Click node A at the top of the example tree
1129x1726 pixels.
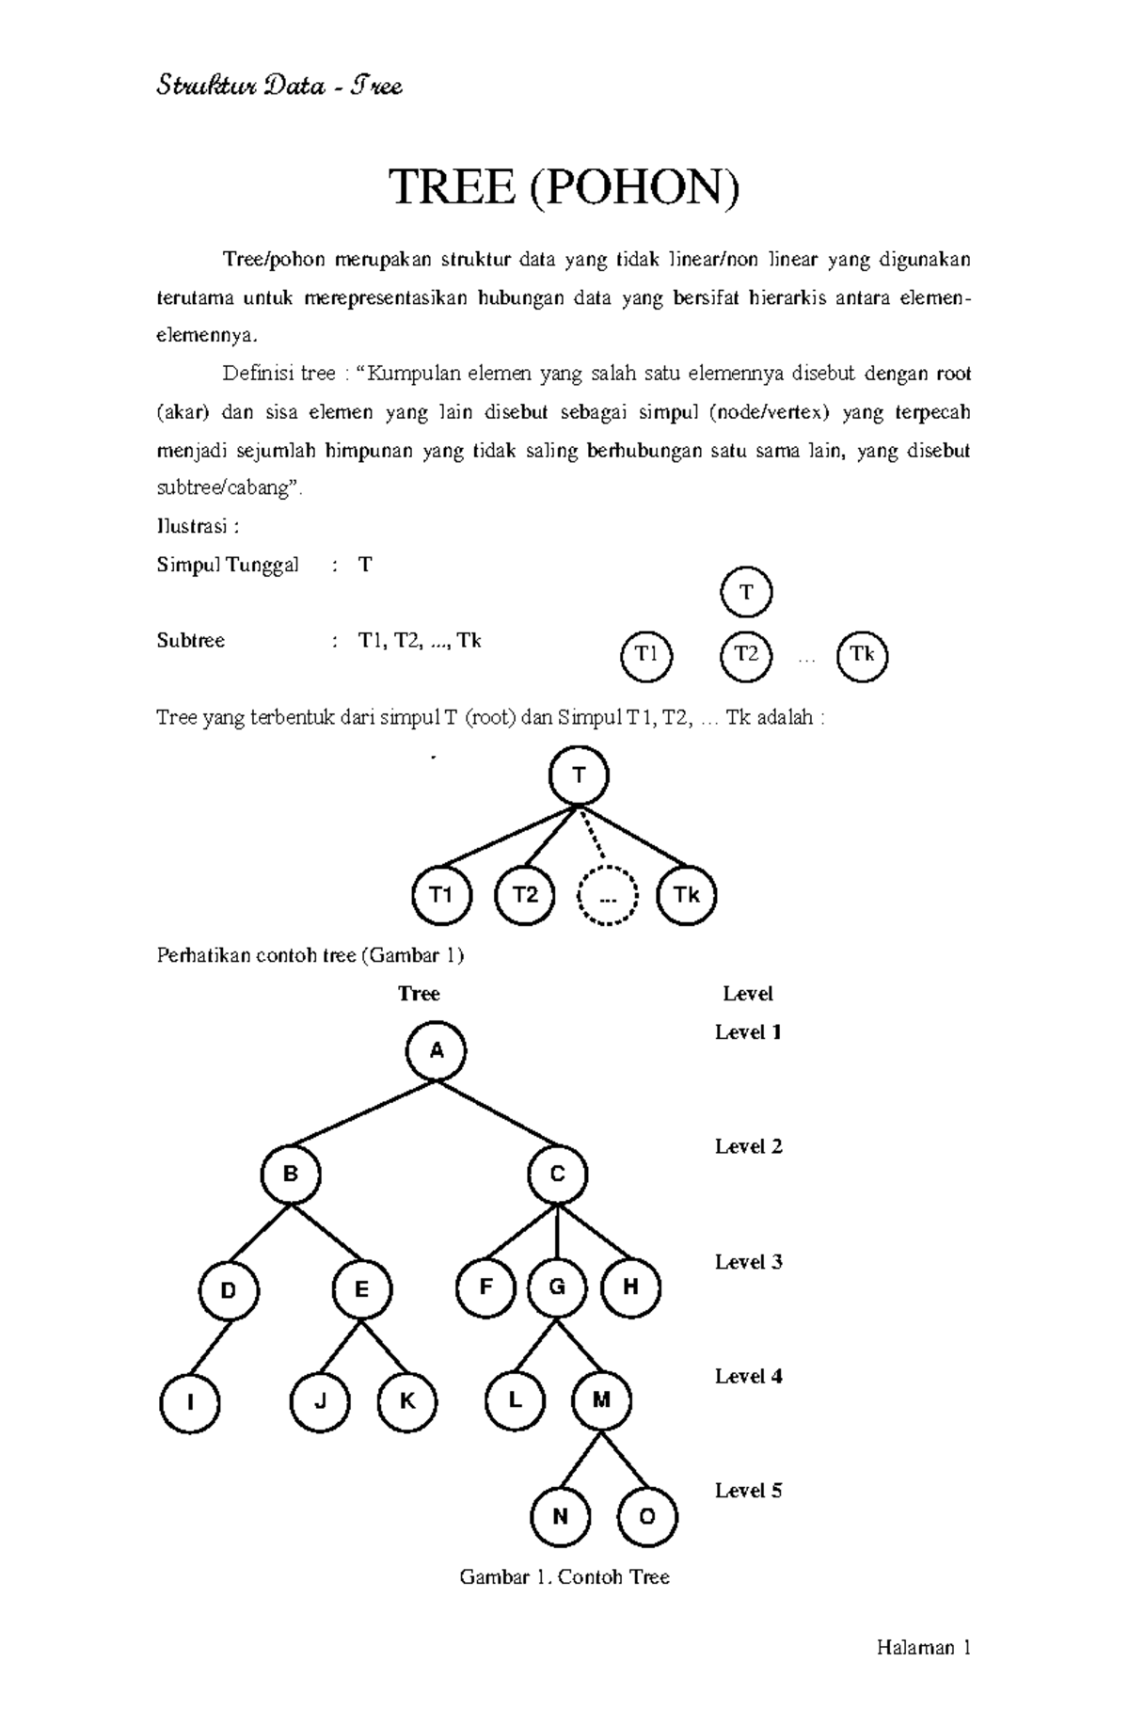437,1051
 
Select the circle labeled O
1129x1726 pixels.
647,1516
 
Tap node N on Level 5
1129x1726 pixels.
561,1516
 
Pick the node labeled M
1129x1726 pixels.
601,1400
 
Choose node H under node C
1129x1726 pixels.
630,1287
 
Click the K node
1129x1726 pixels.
407,1400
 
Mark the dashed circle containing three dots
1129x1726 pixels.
608,895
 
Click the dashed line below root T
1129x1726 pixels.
592,833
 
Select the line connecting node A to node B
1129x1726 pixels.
362,1113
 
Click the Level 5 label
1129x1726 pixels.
748,1491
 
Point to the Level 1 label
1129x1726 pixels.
748,1032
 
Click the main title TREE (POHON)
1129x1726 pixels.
564,187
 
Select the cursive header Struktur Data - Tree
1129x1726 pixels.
279,88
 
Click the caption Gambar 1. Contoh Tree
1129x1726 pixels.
564,1577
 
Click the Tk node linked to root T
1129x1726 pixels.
687,895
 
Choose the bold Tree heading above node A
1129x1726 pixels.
419,994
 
